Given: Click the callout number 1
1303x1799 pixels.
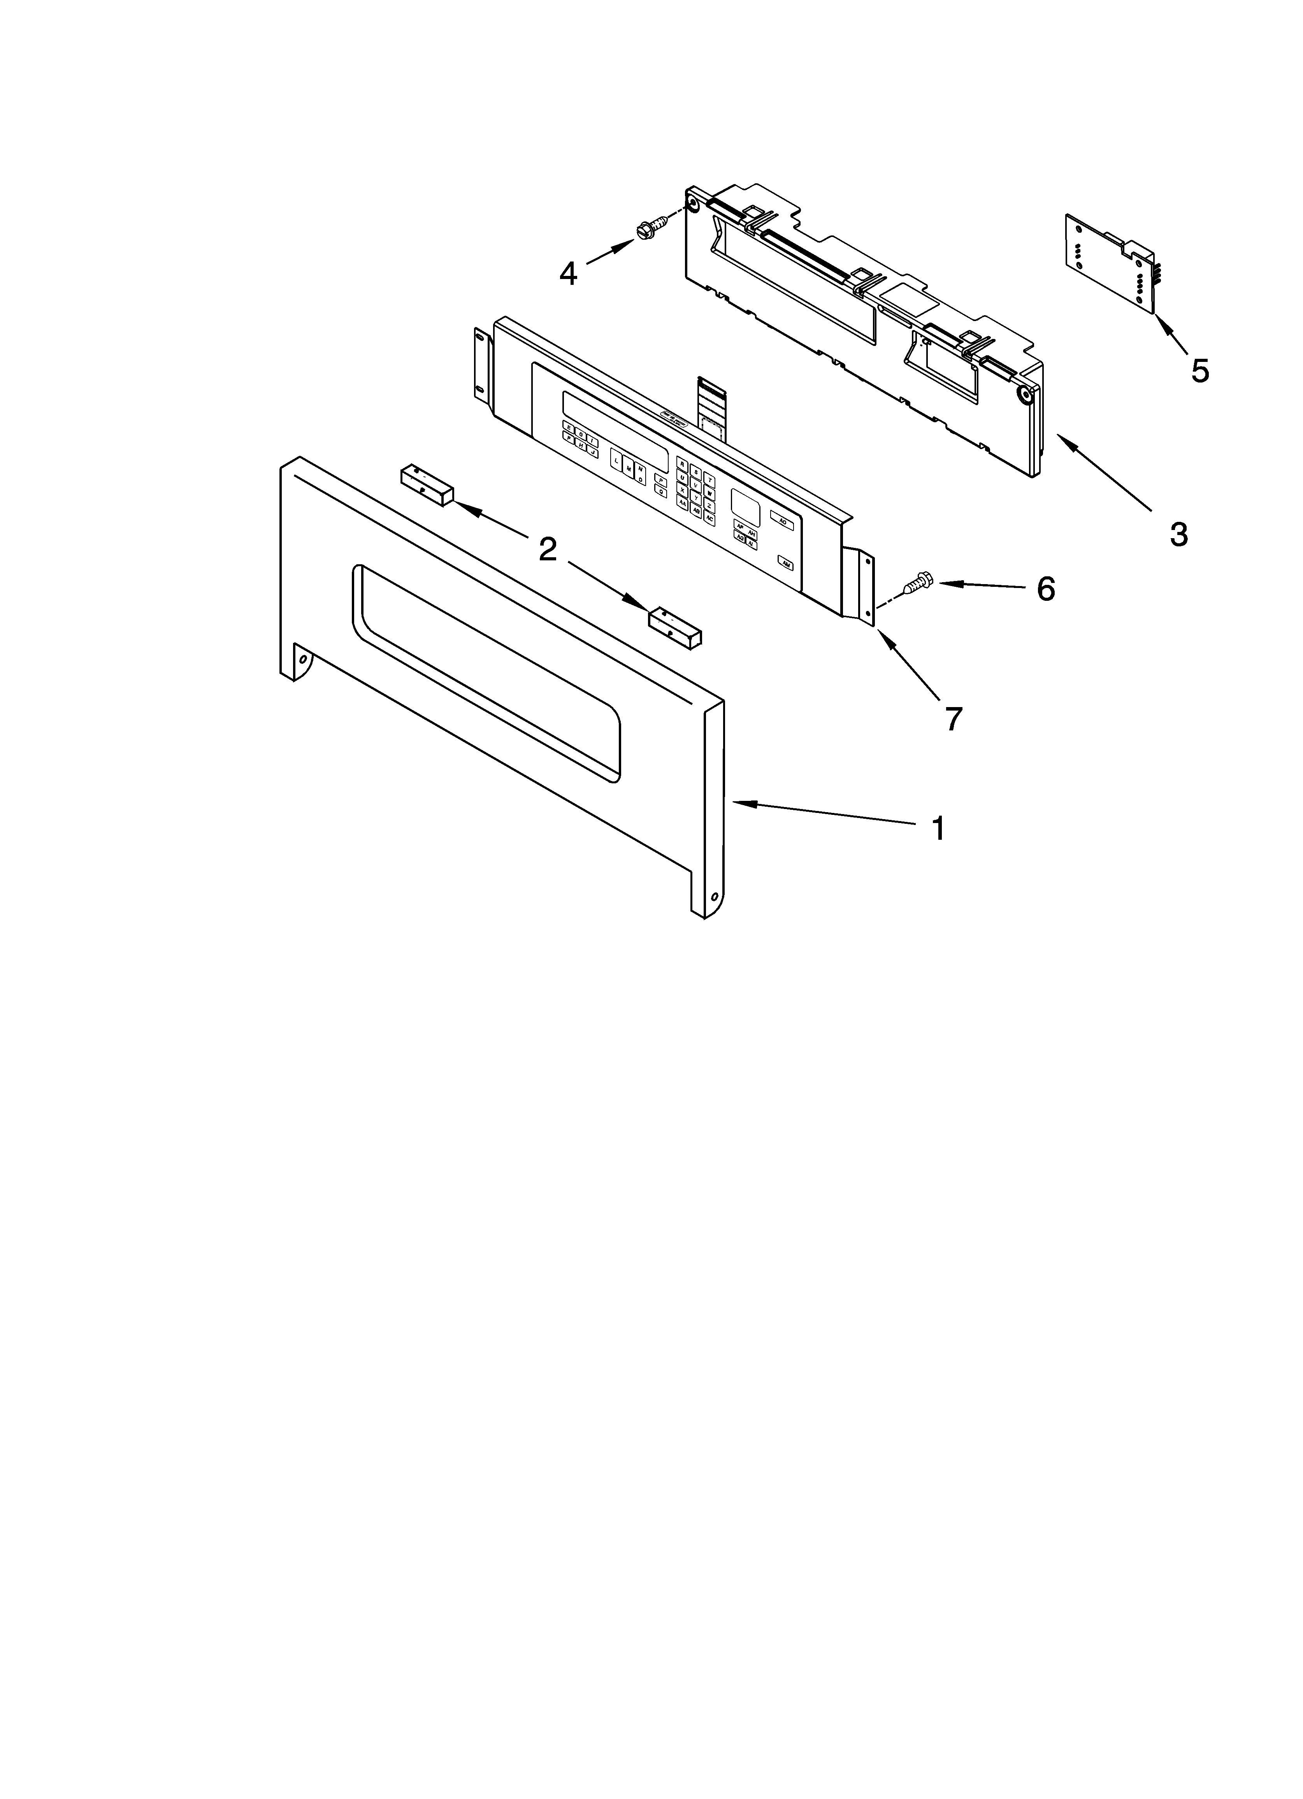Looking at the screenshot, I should tap(938, 829).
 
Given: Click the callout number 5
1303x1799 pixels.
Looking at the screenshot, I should tap(1200, 370).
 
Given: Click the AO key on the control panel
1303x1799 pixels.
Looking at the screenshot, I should tap(782, 521).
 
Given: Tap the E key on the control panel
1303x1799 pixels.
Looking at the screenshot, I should tap(568, 426).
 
